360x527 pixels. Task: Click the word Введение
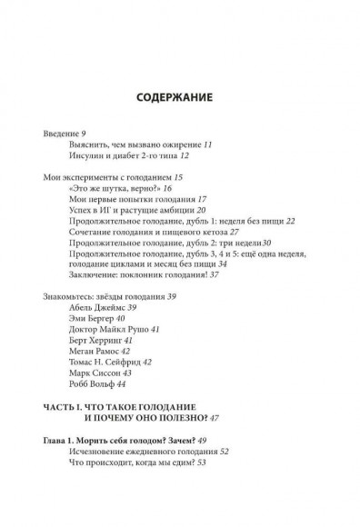[60, 134]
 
